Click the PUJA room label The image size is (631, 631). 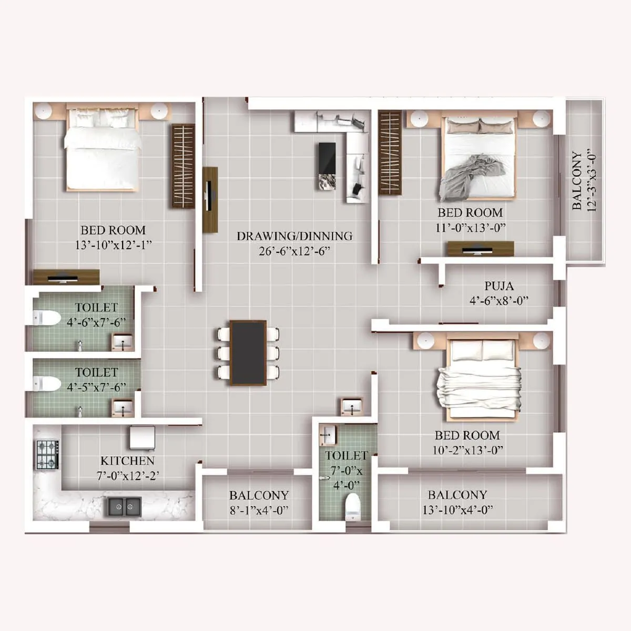[x=498, y=287]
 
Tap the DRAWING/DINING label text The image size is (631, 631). [x=294, y=236]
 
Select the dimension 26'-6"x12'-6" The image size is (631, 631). [x=294, y=251]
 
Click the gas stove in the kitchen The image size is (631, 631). [x=47, y=455]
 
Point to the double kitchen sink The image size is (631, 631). [x=125, y=507]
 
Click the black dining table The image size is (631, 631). [x=248, y=352]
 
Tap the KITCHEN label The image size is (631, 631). [x=127, y=461]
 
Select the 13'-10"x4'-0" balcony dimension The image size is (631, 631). [x=457, y=510]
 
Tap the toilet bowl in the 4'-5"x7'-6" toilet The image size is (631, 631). [x=46, y=383]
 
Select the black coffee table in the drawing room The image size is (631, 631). [x=327, y=166]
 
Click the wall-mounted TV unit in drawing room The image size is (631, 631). [x=210, y=199]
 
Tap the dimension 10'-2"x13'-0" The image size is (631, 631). [x=467, y=451]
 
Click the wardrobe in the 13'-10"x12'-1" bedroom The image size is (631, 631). [x=182, y=166]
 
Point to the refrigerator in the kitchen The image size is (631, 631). [x=142, y=437]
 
